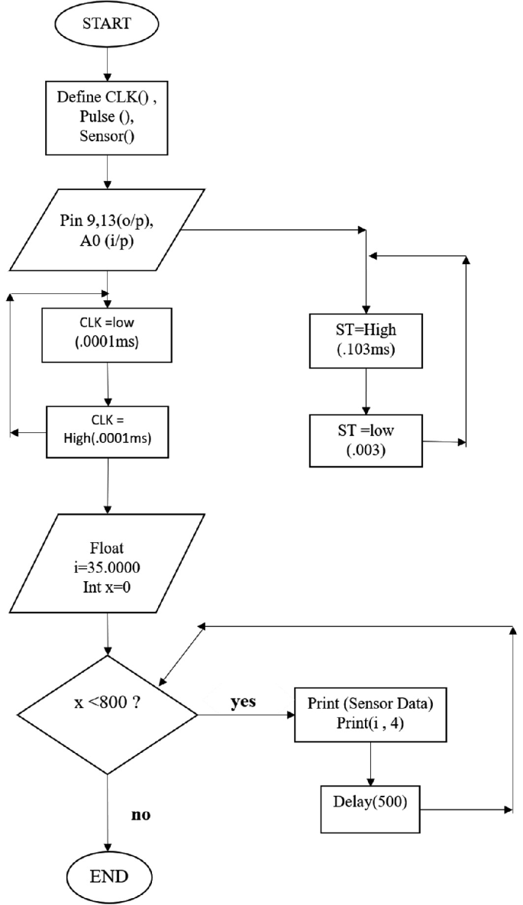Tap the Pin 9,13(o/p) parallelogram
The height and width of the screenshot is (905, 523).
(107, 228)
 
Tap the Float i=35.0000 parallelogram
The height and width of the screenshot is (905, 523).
(107, 563)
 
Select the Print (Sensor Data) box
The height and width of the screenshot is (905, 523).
(370, 715)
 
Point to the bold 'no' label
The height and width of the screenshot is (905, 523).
(140, 815)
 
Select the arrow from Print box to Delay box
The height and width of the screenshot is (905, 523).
(370, 764)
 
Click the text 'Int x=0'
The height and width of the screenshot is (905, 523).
(107, 590)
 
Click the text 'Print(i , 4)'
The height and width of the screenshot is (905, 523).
(370, 724)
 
